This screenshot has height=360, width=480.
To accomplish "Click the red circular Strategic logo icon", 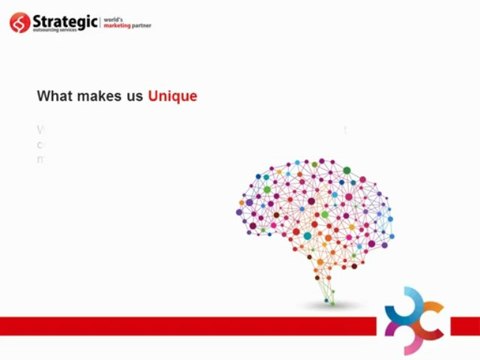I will click(19, 21).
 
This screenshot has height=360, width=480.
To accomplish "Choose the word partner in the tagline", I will click(152, 24).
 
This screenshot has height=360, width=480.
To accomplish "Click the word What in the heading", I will click(54, 96).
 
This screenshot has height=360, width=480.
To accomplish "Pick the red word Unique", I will click(172, 96).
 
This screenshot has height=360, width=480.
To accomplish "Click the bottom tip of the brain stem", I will click(330, 302).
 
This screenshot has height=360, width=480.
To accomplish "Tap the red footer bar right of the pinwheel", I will click(461, 325).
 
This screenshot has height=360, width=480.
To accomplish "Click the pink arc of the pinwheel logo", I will click(392, 322).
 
